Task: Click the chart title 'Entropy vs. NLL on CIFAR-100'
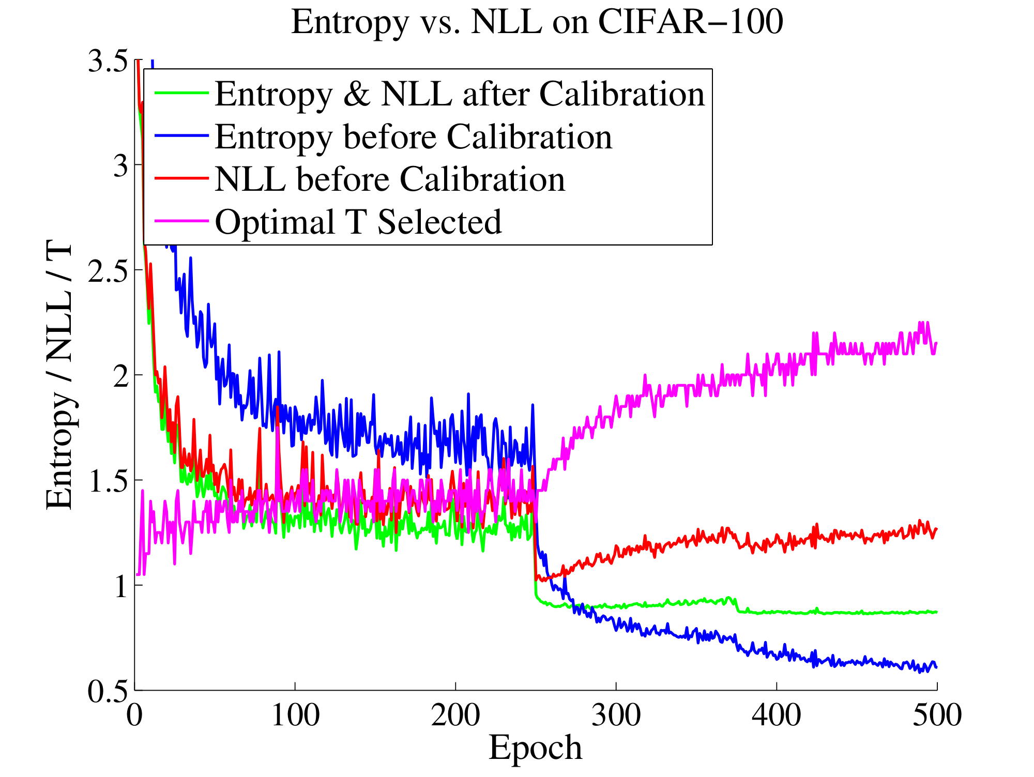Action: [x=537, y=23]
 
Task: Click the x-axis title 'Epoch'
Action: [x=535, y=748]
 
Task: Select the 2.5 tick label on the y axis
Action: [x=108, y=271]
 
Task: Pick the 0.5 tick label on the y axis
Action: [x=108, y=691]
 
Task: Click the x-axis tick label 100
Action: [x=295, y=716]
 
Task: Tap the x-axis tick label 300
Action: [x=616, y=716]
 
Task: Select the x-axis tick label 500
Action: [x=937, y=716]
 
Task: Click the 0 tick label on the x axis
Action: [x=135, y=716]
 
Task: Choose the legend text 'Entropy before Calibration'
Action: [x=413, y=137]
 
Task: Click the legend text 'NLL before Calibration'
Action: [x=390, y=179]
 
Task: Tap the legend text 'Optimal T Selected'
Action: [x=358, y=222]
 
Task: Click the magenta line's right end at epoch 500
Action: [x=936, y=343]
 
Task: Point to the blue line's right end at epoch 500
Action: [x=936, y=667]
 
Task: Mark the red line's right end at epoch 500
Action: [x=936, y=528]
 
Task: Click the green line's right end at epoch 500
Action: [x=936, y=612]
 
